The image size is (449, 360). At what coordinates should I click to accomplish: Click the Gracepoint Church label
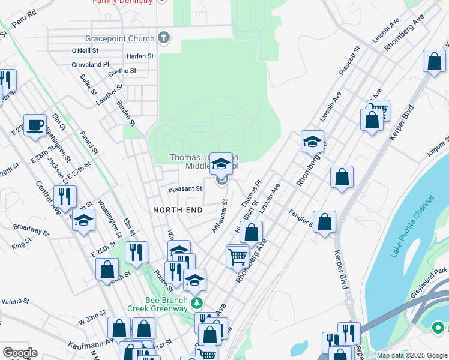[119, 39]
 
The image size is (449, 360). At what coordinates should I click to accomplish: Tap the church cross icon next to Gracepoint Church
[164, 38]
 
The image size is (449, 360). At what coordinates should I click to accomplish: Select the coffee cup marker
[35, 125]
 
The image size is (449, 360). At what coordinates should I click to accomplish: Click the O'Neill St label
[84, 50]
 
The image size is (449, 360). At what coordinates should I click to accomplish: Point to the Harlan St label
[140, 56]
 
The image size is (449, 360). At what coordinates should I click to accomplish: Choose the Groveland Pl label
[90, 64]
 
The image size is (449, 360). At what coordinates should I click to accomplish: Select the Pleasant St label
[185, 188]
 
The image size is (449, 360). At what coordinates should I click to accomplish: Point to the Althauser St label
[220, 216]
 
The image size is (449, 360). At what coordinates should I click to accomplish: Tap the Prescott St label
[349, 61]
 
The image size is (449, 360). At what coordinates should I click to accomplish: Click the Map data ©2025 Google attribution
[412, 355]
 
